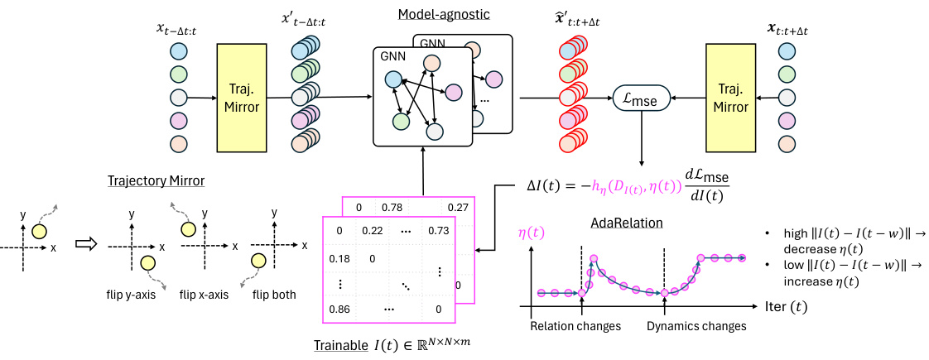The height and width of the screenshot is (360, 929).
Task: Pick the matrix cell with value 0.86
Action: [x=339, y=308]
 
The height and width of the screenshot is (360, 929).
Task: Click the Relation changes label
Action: [x=575, y=326]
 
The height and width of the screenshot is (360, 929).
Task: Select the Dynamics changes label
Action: [x=696, y=326]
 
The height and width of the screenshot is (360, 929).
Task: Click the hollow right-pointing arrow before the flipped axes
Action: [x=85, y=246]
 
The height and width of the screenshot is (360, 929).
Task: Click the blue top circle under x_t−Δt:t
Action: [x=179, y=51]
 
